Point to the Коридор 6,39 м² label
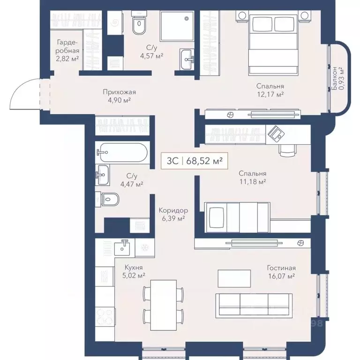coord(173,214)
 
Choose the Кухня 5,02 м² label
coord(134,272)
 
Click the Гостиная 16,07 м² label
coord(281,272)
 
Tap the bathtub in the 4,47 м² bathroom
coord(123,152)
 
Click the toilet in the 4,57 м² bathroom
coord(139,26)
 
